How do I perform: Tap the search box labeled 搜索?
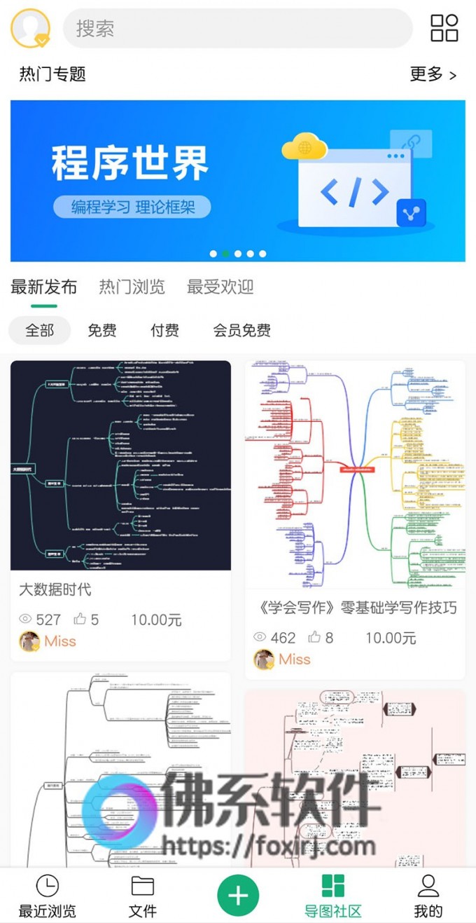click(x=238, y=29)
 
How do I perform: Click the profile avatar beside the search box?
click(x=30, y=28)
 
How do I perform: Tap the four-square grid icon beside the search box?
click(x=444, y=28)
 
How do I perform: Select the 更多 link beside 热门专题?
click(x=433, y=74)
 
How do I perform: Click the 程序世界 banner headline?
click(x=130, y=164)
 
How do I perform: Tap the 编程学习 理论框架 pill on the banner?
click(x=132, y=207)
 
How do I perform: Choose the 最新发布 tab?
click(x=43, y=287)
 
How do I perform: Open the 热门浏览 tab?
click(x=132, y=287)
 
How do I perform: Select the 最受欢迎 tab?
click(x=220, y=287)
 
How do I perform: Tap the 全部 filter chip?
click(x=39, y=330)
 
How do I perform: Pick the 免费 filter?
click(x=102, y=330)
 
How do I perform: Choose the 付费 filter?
click(x=164, y=330)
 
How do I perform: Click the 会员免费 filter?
click(x=241, y=330)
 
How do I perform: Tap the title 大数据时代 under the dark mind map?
click(x=55, y=589)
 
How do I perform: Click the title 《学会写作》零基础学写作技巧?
click(x=353, y=608)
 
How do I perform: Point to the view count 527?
click(x=48, y=620)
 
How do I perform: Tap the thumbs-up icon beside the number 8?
click(x=315, y=637)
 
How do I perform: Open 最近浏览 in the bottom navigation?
click(x=47, y=896)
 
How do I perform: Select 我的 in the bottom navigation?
click(x=428, y=896)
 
